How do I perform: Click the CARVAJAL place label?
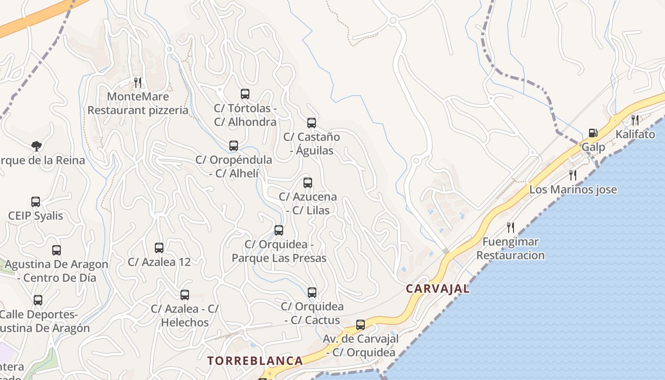(x=437, y=288)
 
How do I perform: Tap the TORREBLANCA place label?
(x=255, y=361)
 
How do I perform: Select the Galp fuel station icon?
(x=593, y=133)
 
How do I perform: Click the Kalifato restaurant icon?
(x=635, y=120)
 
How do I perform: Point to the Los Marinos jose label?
(x=573, y=190)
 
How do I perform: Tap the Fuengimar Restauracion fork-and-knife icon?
(x=510, y=228)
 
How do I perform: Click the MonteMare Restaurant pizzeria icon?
(x=138, y=83)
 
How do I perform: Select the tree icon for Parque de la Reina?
(x=36, y=146)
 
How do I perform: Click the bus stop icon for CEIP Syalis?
(x=36, y=202)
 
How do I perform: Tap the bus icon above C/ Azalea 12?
(x=159, y=248)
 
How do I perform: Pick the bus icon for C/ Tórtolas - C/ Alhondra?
(x=245, y=94)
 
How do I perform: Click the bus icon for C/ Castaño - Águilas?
(x=312, y=123)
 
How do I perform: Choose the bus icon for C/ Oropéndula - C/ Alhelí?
(x=234, y=146)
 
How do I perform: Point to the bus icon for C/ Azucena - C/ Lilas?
(x=308, y=182)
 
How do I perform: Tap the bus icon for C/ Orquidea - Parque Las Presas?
(x=279, y=230)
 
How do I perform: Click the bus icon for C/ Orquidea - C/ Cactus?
(x=312, y=293)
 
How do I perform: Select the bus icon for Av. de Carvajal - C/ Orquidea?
(x=361, y=325)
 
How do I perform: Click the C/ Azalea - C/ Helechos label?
(x=185, y=315)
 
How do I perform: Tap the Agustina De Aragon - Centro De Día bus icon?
(x=57, y=250)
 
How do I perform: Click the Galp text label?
(x=593, y=147)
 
